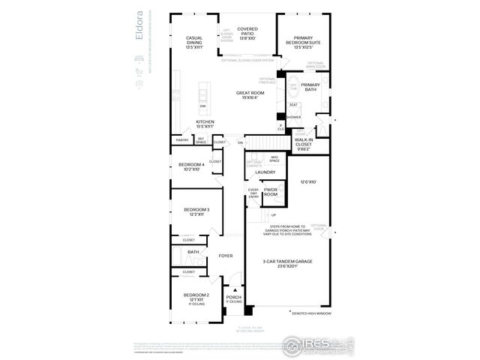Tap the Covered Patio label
(x=247, y=32)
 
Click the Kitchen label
(x=205, y=124)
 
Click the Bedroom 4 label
(x=191, y=166)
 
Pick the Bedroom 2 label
(x=196, y=298)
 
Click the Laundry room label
(x=265, y=172)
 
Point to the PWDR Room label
(x=271, y=192)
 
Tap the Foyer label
(x=226, y=256)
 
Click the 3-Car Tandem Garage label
(x=287, y=262)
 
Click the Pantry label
(x=181, y=140)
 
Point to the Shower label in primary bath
(x=293, y=118)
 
